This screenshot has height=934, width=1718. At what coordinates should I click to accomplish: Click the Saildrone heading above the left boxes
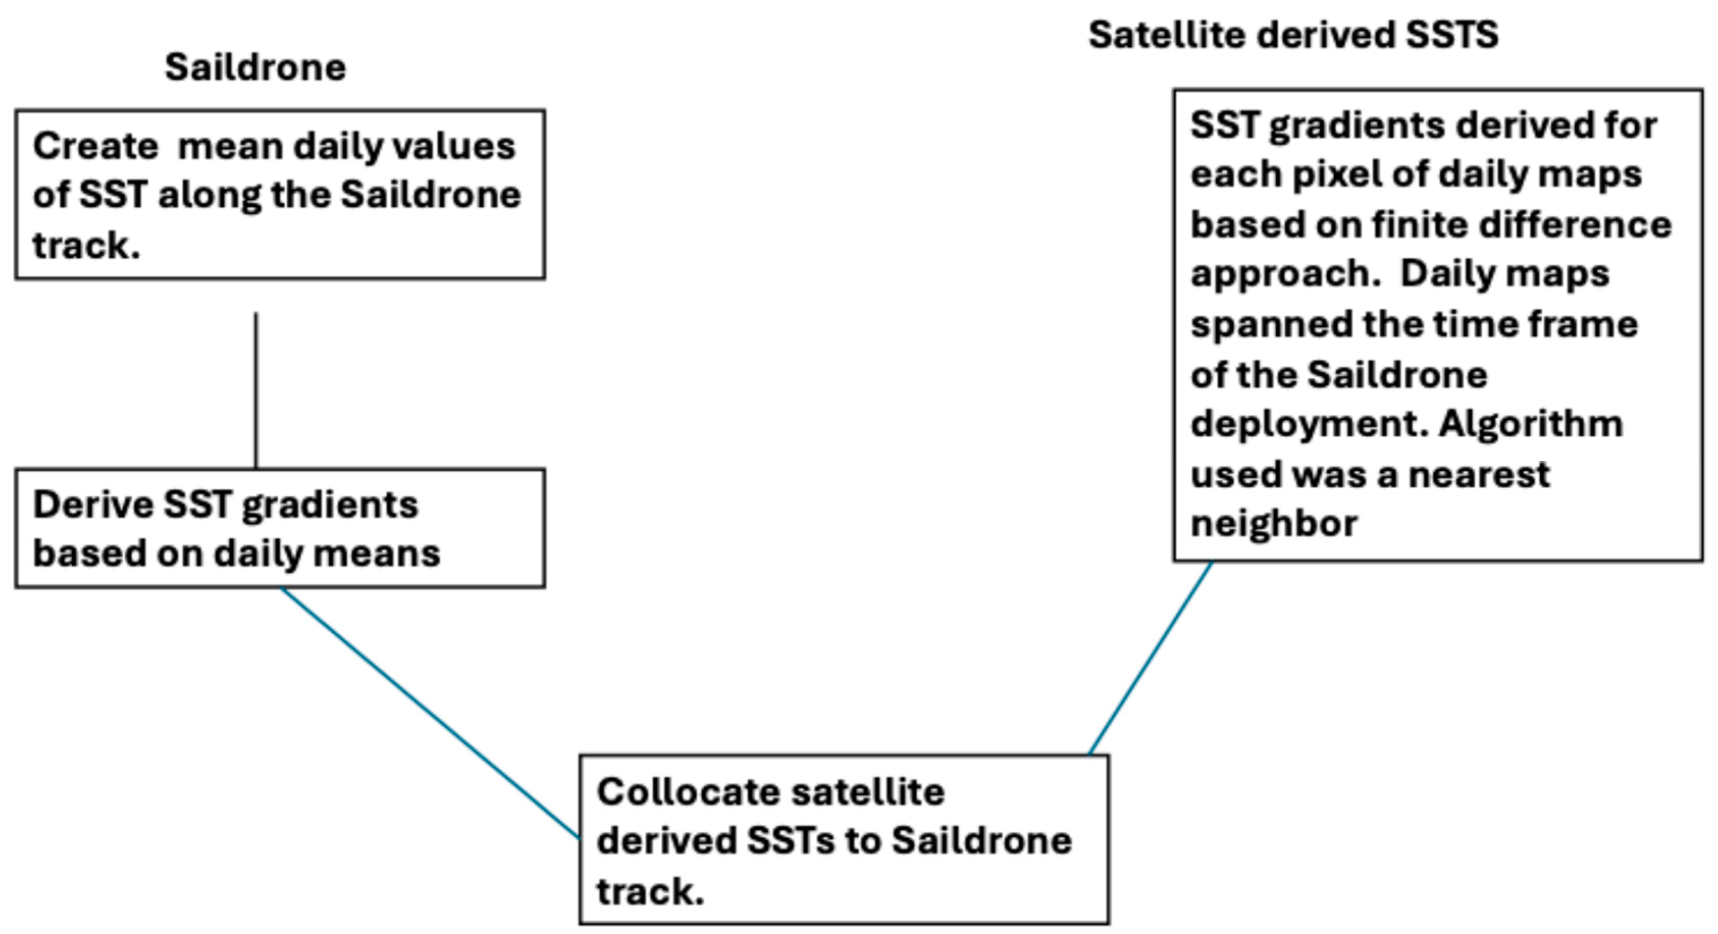click(x=255, y=67)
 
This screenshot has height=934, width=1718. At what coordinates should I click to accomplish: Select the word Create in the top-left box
click(x=95, y=146)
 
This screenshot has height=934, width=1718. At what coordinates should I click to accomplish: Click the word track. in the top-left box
click(x=87, y=245)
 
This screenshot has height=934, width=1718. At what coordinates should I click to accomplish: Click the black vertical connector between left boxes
click(x=256, y=390)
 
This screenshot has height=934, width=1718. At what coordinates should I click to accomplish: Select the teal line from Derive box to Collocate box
click(x=430, y=713)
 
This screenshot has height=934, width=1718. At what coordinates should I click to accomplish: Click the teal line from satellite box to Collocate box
click(x=1150, y=658)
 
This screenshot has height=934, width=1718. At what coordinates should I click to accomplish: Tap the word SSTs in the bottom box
click(x=790, y=841)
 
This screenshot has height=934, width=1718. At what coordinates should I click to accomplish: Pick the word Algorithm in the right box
click(x=1530, y=424)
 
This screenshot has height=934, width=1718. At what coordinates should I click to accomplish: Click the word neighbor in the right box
click(x=1274, y=523)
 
